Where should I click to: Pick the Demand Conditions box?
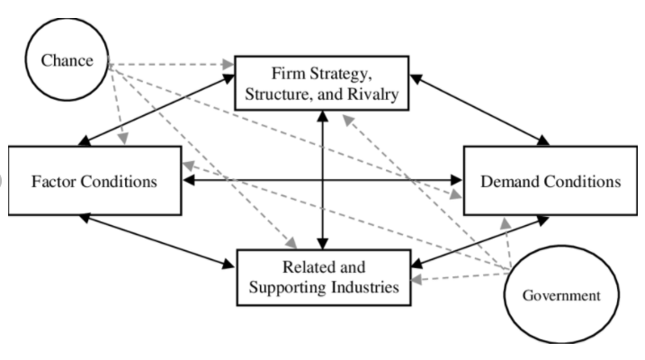point(550,179)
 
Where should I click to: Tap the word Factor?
point(54,180)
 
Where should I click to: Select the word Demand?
point(511,180)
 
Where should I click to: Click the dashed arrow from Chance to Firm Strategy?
point(171,65)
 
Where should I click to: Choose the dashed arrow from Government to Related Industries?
point(459,275)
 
